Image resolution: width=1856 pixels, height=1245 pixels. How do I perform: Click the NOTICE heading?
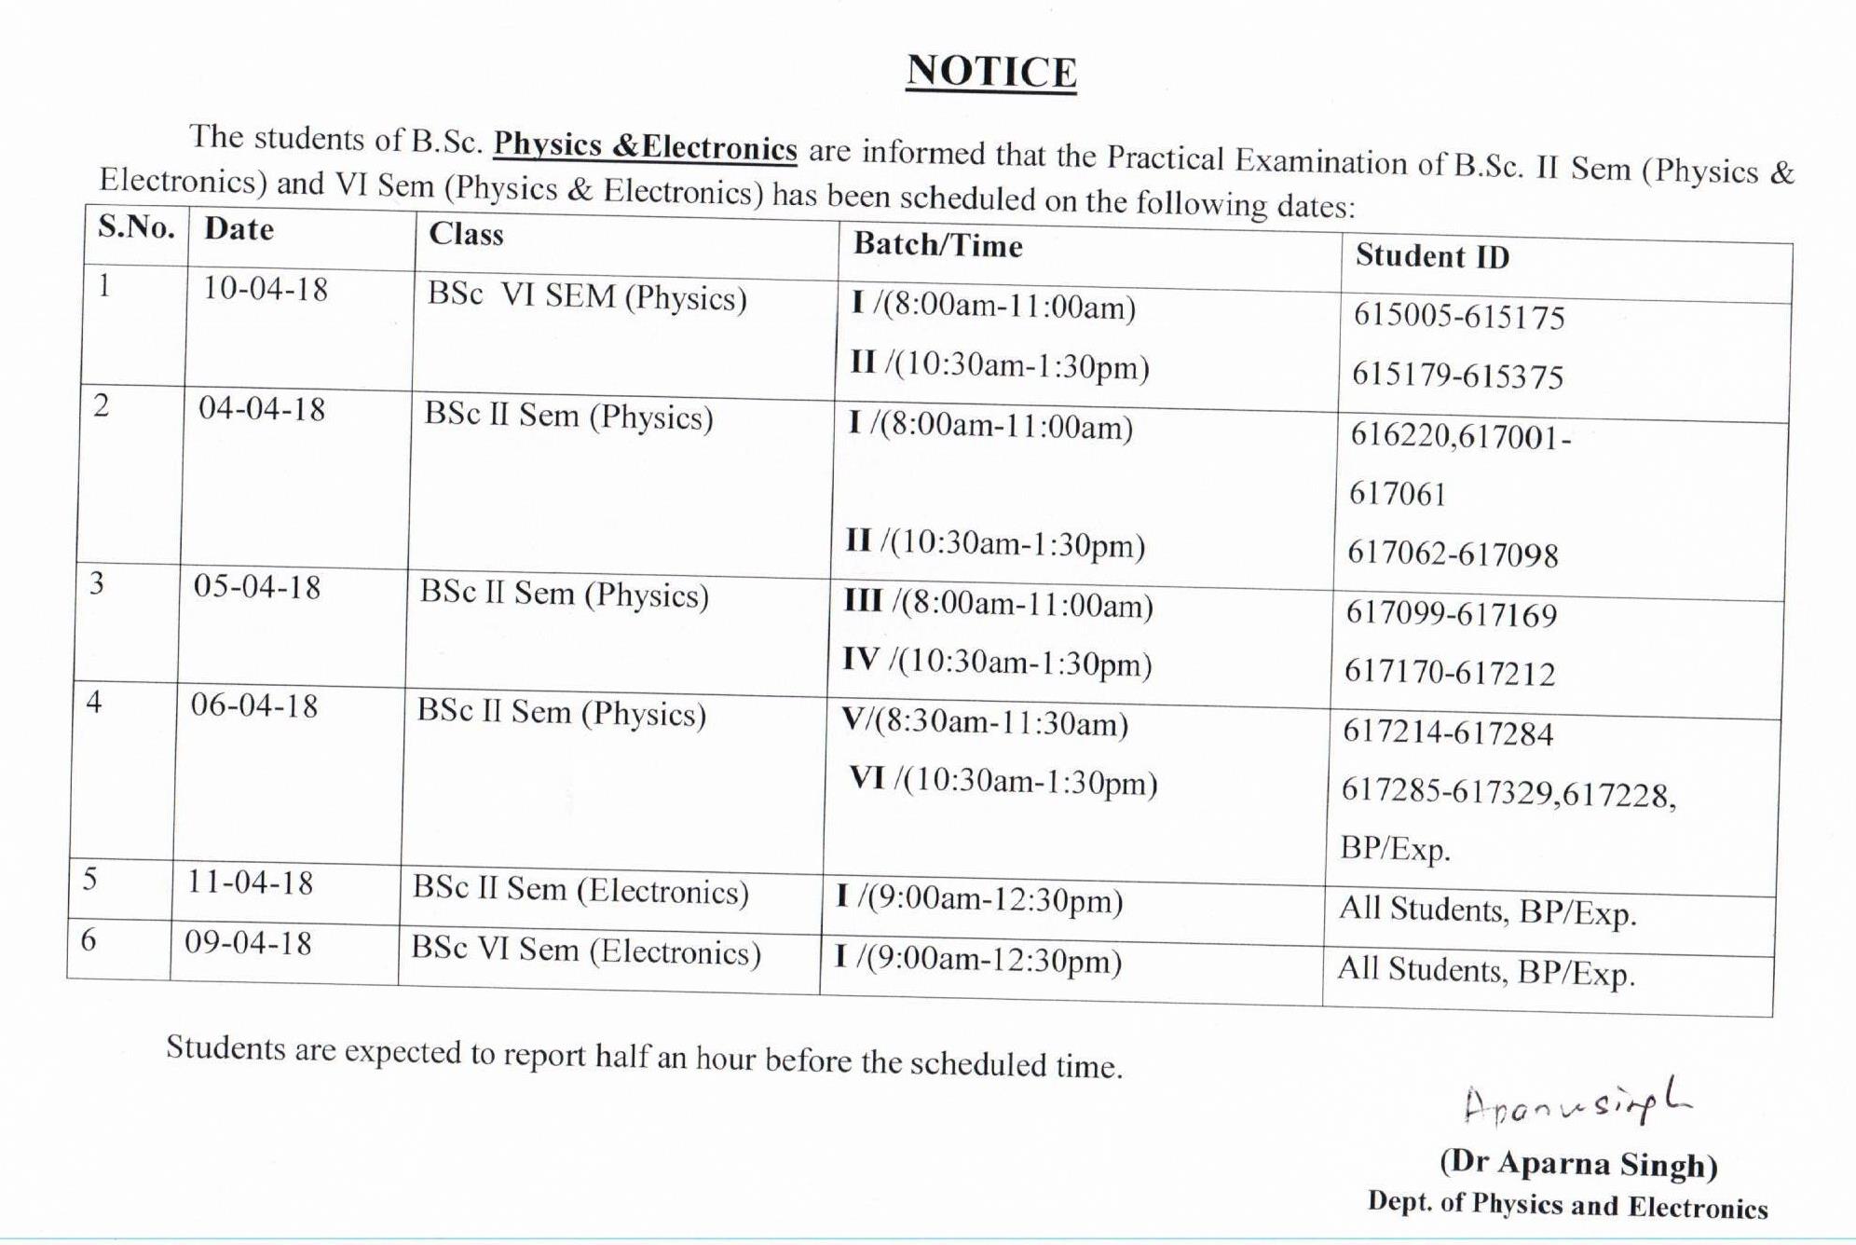point(990,72)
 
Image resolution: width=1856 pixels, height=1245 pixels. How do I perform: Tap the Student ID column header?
point(1432,256)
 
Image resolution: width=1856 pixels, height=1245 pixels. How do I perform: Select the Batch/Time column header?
point(938,245)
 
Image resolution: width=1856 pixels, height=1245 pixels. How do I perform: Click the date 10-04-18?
point(266,289)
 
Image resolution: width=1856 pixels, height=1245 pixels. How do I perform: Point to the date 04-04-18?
point(262,409)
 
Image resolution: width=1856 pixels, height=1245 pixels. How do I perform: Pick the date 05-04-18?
point(257,587)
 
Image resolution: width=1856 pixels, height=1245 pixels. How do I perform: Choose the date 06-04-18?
point(254,705)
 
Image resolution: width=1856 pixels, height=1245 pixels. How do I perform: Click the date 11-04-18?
point(251,882)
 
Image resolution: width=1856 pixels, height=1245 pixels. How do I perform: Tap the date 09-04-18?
point(248,943)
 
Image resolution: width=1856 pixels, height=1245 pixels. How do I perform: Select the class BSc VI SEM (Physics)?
point(587,296)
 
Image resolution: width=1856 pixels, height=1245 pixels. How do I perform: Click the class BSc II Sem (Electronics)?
point(580,890)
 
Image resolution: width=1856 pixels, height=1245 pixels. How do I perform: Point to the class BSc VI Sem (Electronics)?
point(586,951)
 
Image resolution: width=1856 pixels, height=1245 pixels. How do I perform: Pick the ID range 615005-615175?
point(1459,317)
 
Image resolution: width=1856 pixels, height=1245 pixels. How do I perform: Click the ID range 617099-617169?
point(1452,614)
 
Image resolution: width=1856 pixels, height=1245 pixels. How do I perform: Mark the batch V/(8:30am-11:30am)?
point(985,723)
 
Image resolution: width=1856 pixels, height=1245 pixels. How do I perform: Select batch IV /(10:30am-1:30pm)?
point(997,663)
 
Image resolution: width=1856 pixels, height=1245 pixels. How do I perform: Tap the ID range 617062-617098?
point(1453,554)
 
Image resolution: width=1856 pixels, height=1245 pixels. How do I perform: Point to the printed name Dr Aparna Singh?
point(1578,1164)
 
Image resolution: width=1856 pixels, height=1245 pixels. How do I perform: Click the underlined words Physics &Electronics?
point(645,147)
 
